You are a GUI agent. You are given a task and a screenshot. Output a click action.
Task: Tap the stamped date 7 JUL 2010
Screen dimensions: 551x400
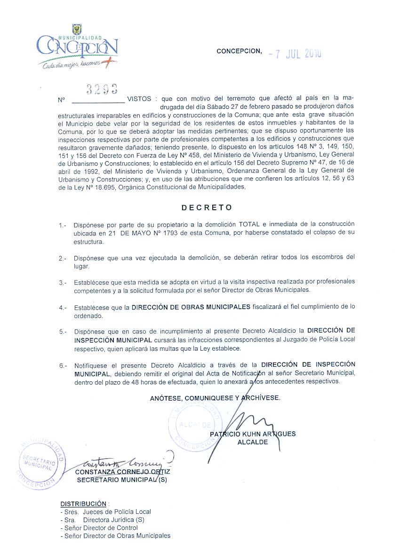pyautogui.click(x=295, y=53)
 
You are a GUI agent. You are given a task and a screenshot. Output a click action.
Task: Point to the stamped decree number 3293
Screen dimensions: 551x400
pyautogui.click(x=102, y=90)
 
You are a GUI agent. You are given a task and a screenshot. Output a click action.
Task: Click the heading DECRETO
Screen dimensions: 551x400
pyautogui.click(x=207, y=207)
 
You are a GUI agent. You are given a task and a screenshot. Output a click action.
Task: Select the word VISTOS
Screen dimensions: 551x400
pyautogui.click(x=139, y=99)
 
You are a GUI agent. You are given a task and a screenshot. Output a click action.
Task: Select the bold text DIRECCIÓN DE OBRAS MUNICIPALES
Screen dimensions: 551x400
pyautogui.click(x=191, y=307)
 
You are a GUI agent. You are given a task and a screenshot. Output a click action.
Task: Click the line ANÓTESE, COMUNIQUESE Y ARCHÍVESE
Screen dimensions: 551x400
pyautogui.click(x=215, y=398)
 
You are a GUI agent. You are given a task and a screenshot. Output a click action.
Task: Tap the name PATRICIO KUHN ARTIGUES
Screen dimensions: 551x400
pyautogui.click(x=253, y=434)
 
